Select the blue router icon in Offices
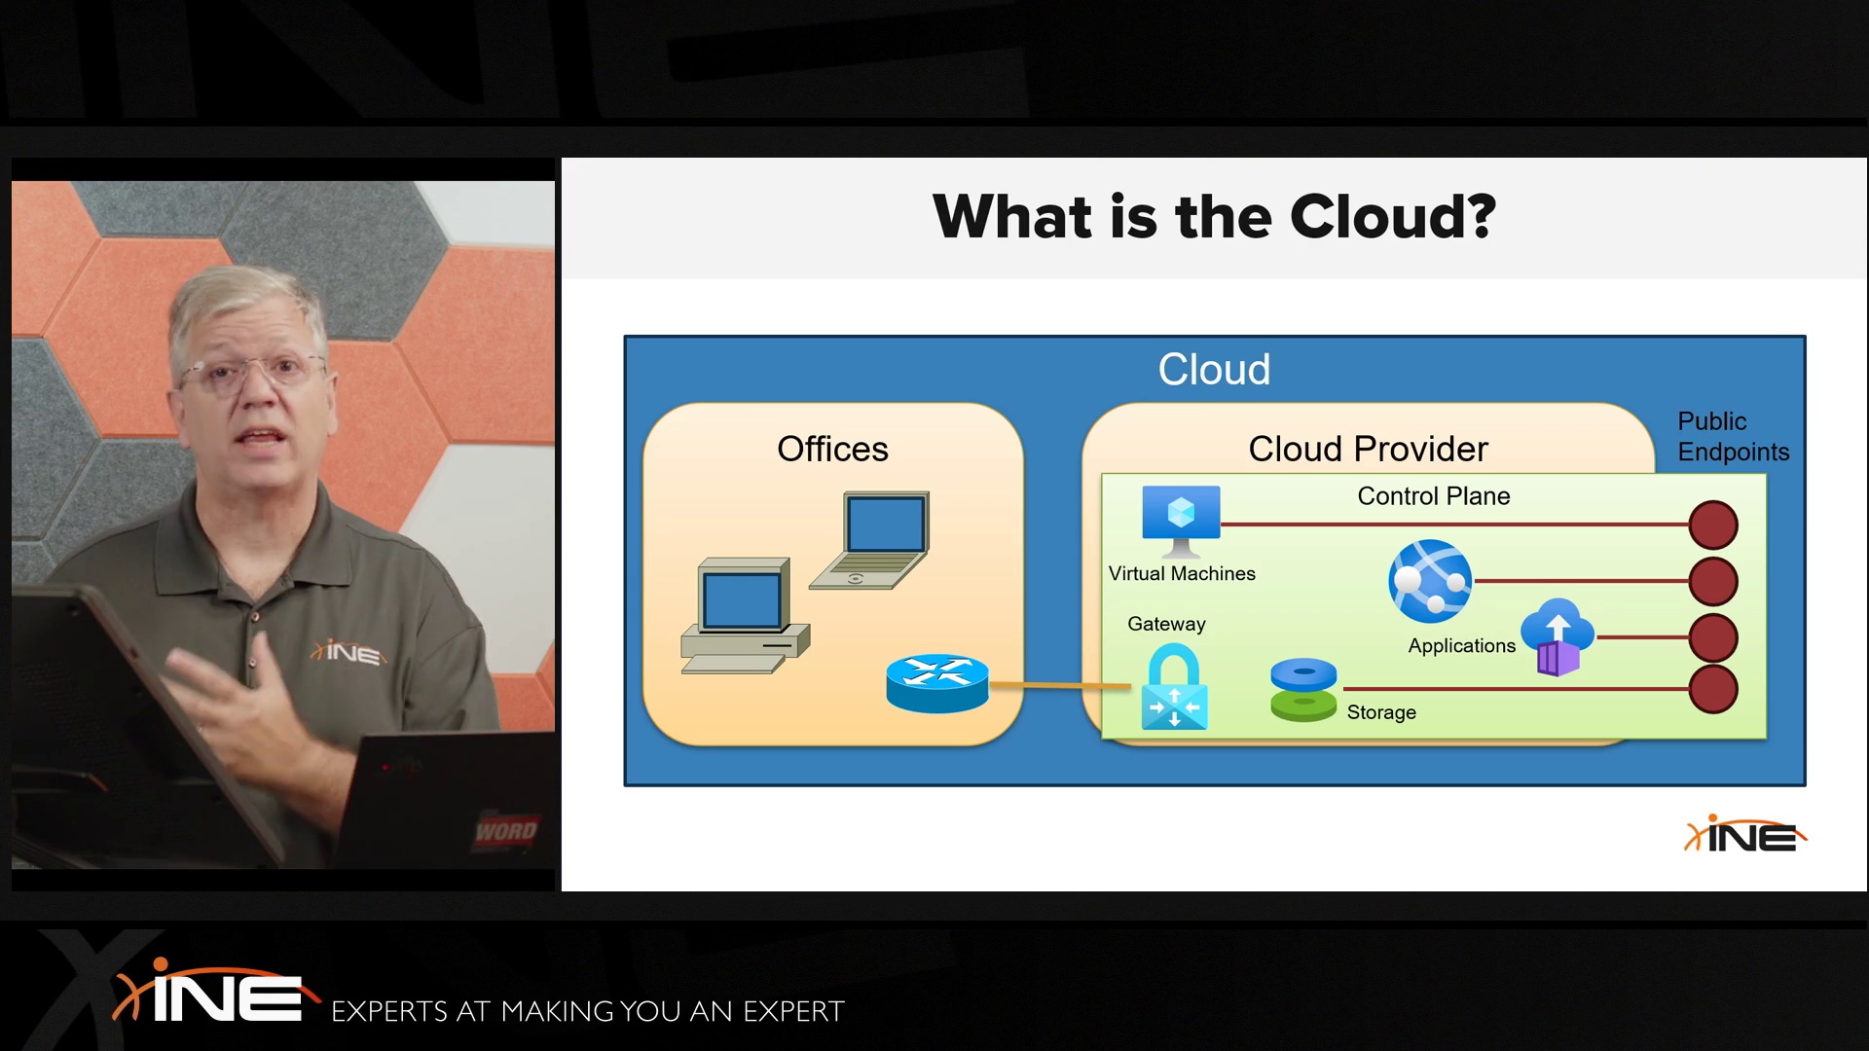click(x=937, y=683)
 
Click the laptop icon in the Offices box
click(x=869, y=540)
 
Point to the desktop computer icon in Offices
click(x=745, y=616)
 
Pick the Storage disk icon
click(x=1303, y=690)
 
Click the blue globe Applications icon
click(x=1430, y=581)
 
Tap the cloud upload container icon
click(x=1557, y=637)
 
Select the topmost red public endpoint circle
click(x=1713, y=525)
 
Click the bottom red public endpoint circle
click(x=1713, y=690)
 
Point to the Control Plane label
click(x=1434, y=496)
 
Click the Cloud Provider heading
click(x=1368, y=449)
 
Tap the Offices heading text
click(x=832, y=449)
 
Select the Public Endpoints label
click(x=1733, y=436)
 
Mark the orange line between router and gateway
click(x=1060, y=686)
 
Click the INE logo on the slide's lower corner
click(x=1744, y=835)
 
